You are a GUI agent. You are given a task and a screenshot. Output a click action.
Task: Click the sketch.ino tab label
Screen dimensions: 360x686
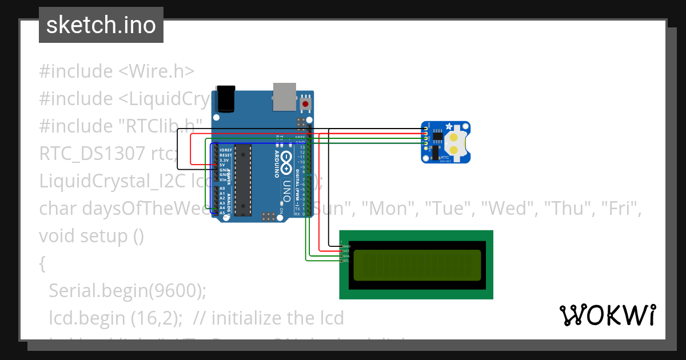(x=101, y=25)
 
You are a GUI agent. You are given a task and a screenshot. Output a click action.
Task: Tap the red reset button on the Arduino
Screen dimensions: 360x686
(x=306, y=104)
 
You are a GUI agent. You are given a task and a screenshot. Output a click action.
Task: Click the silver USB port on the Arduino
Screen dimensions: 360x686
(x=284, y=97)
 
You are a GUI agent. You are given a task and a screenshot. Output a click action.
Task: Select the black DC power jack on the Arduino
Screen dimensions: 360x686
(x=224, y=98)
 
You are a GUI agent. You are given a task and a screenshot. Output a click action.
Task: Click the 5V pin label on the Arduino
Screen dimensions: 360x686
(x=222, y=165)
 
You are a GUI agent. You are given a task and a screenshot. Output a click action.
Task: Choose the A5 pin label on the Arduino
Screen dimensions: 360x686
(x=222, y=213)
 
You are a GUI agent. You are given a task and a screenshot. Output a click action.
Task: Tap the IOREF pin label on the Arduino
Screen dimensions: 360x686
(x=225, y=150)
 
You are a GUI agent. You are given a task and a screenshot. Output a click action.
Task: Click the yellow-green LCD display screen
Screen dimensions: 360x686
(x=416, y=265)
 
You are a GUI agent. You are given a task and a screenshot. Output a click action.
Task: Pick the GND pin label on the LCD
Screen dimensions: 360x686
(x=346, y=246)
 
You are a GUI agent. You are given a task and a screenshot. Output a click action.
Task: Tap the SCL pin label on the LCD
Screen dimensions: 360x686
(x=346, y=261)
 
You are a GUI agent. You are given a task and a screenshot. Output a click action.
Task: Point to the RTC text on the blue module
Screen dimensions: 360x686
(x=444, y=156)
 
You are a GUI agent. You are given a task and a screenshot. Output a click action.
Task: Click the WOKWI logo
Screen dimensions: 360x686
(x=607, y=315)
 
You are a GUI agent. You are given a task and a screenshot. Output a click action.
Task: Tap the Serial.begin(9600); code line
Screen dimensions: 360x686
(x=127, y=290)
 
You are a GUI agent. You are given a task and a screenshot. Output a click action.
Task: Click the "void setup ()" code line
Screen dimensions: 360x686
(x=91, y=235)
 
